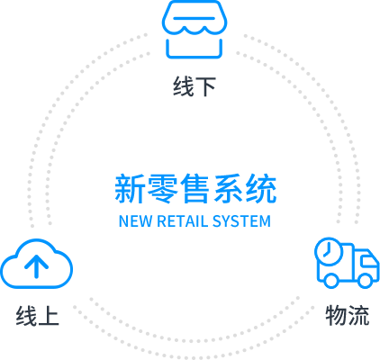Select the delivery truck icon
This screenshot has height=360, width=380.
347,263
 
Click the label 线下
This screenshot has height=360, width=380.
195,86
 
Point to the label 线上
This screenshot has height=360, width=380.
37,316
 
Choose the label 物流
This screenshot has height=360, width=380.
348,315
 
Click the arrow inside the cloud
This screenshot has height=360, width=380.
36,266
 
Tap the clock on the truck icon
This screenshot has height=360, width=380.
329,251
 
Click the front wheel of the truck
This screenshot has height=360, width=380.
366,281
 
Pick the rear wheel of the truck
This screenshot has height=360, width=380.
331,281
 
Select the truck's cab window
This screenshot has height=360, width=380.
369,261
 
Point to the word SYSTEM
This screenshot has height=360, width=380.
241,221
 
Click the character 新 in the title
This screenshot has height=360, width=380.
130,189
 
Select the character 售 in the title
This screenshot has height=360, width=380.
195,189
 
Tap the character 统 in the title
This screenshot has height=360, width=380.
261,189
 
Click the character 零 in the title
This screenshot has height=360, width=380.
162,189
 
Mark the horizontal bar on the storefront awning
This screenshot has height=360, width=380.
195,18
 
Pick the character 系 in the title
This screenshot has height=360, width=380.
228,189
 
